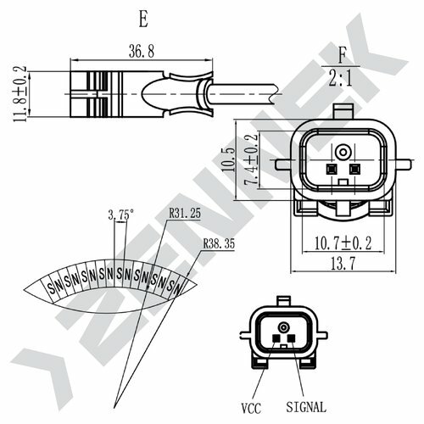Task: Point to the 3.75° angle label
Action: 122,215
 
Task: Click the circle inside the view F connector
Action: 343,152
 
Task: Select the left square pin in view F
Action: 331,168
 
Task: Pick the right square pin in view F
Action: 354,168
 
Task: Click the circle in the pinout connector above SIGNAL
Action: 282,327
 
